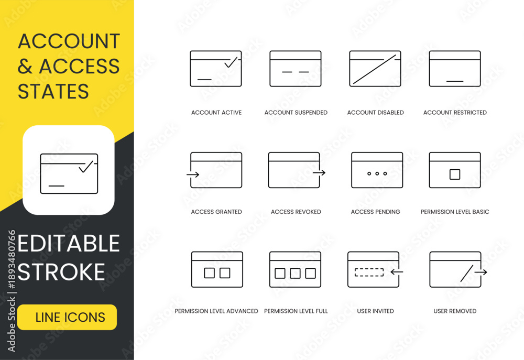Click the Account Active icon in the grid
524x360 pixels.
coord(216,69)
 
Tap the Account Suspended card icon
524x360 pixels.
coord(296,69)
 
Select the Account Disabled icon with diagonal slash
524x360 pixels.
coord(375,69)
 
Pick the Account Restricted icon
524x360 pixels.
coord(455,69)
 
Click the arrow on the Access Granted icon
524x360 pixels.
coord(193,174)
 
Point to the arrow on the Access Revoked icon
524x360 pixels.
coord(319,173)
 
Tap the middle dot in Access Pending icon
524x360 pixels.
coord(377,173)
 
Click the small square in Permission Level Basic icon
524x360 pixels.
coord(455,174)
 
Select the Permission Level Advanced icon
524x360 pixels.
coord(217,269)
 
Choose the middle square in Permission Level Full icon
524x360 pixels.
coord(295,273)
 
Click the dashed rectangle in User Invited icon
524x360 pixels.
coord(369,272)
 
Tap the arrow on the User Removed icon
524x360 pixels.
coord(481,272)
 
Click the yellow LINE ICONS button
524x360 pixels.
coord(67,317)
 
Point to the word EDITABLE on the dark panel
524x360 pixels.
coord(69,243)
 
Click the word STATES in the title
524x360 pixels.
coord(53,91)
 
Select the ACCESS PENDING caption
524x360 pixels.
coord(375,212)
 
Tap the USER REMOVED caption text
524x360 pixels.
coord(455,311)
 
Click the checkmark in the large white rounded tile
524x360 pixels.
coord(86,167)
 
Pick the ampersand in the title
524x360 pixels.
coord(25,66)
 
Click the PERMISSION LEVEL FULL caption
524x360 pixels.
coord(296,311)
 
